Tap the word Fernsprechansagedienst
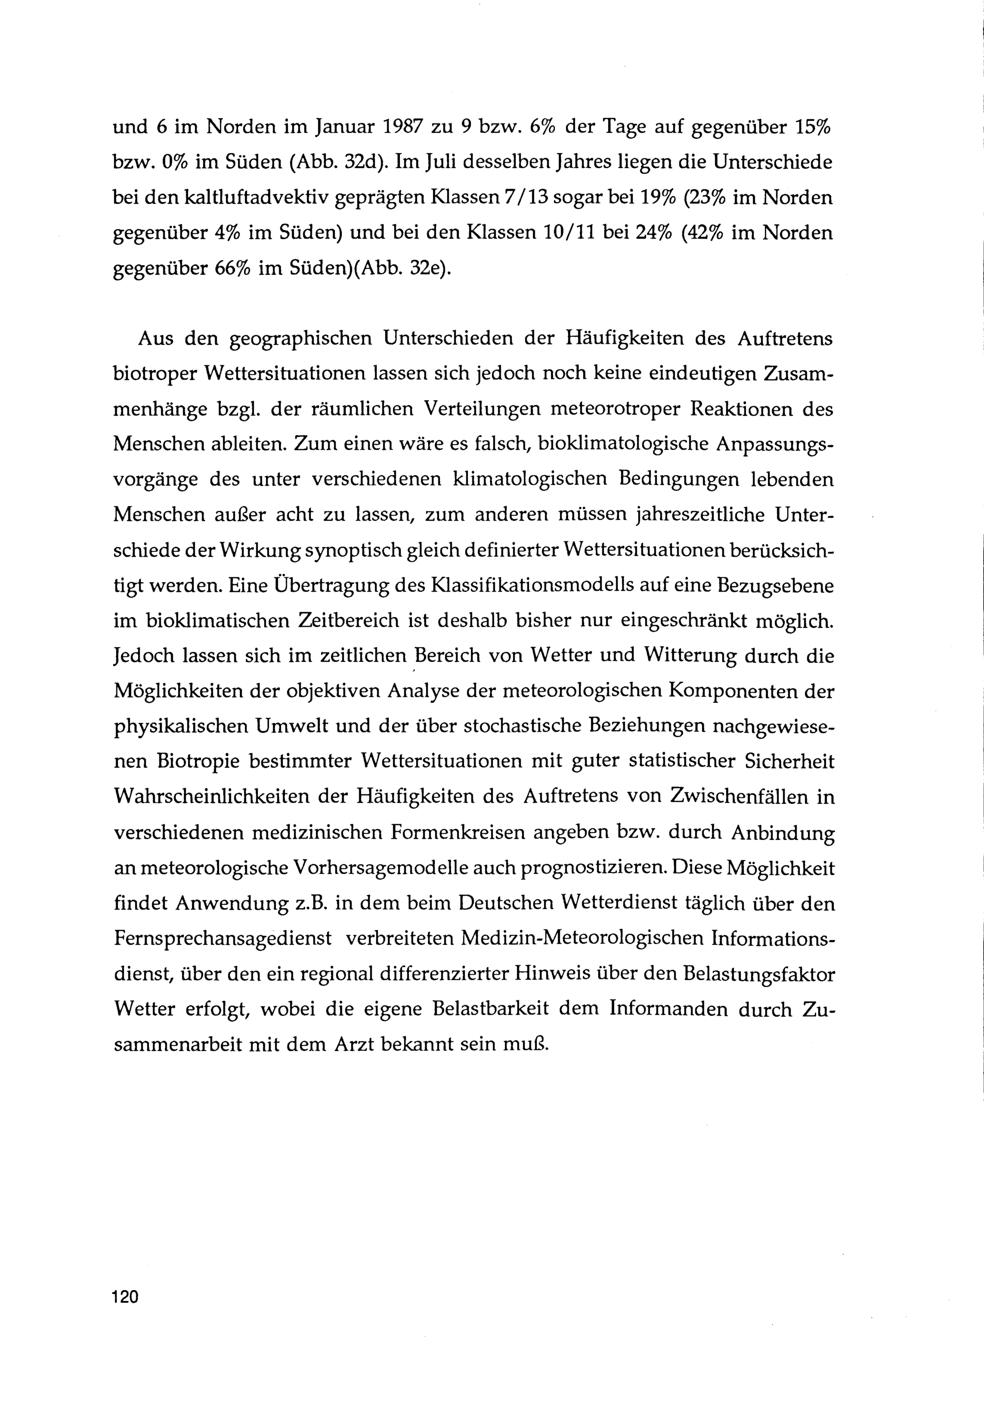[222, 938]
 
